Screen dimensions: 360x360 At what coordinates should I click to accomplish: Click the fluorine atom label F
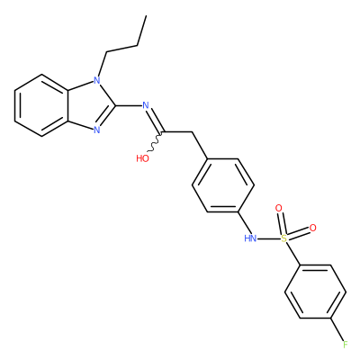(x=346, y=345)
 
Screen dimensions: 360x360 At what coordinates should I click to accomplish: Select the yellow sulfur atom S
(x=283, y=238)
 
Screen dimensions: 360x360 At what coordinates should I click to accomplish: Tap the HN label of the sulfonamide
(x=250, y=238)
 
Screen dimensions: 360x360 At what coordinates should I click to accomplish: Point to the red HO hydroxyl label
(x=142, y=158)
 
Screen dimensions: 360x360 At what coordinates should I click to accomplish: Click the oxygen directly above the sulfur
(x=279, y=208)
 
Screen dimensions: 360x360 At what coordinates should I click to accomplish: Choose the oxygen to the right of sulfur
(x=313, y=228)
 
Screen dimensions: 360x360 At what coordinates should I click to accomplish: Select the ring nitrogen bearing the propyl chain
(x=96, y=80)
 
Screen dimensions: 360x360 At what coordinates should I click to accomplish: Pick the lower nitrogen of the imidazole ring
(x=96, y=130)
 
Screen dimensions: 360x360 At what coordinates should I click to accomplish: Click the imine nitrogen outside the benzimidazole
(x=146, y=105)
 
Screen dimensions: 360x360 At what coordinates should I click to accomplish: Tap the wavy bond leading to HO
(x=156, y=141)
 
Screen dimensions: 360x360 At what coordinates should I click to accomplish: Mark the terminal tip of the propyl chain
(x=146, y=15)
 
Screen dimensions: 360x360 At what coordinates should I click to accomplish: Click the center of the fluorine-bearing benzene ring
(x=315, y=292)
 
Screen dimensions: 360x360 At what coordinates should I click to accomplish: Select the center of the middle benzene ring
(x=223, y=185)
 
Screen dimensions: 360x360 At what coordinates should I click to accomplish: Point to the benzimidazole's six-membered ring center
(x=42, y=105)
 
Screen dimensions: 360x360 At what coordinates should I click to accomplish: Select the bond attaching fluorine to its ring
(x=337, y=329)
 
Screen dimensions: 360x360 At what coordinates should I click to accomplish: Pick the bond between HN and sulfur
(x=269, y=239)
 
